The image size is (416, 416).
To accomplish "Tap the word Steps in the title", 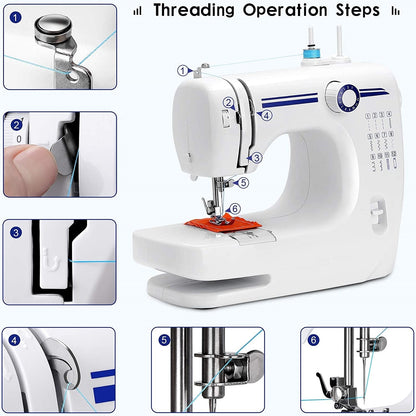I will [351, 11].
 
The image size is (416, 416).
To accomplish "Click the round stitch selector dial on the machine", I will [347, 98].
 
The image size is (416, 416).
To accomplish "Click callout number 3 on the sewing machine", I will [256, 158].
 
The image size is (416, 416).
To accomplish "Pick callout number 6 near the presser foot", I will [234, 209].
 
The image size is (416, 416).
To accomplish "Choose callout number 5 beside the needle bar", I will [243, 182].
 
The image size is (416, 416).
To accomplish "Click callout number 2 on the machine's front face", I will [228, 102].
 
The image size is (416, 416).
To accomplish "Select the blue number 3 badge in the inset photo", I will [15, 233].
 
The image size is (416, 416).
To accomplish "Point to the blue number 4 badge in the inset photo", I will [15, 340].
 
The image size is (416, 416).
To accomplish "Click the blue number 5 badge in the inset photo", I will [164, 340].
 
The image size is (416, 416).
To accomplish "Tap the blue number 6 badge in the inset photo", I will [313, 340].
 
